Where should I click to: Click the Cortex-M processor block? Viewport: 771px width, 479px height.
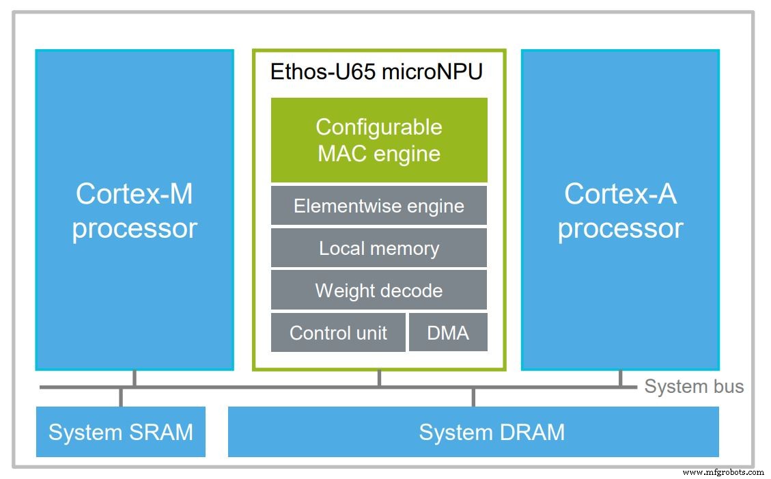click(x=135, y=210)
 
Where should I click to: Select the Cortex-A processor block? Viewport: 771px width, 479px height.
click(x=620, y=210)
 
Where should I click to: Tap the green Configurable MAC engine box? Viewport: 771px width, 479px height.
click(x=379, y=139)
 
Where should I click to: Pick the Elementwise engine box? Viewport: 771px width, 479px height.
click(x=379, y=206)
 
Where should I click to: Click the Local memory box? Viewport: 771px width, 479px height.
click(x=379, y=248)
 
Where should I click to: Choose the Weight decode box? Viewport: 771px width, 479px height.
click(x=379, y=290)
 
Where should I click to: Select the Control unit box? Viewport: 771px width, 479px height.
click(x=338, y=333)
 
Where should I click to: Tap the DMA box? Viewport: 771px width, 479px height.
click(x=448, y=333)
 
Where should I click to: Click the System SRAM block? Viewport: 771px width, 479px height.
click(x=121, y=432)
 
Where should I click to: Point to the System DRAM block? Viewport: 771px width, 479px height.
click(x=473, y=432)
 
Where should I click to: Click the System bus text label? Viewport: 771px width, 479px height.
click(x=694, y=386)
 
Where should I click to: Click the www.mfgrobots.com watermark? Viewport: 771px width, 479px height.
click(x=723, y=471)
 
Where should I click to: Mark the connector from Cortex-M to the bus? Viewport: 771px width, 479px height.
click(x=135, y=379)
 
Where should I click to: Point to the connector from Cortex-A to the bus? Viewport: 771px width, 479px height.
click(x=620, y=379)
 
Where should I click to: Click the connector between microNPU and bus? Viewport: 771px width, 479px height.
click(x=379, y=379)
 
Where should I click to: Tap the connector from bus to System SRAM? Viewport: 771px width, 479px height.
click(x=121, y=398)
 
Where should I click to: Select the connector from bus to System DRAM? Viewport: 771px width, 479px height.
click(x=473, y=398)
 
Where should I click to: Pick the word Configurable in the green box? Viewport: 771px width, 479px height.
click(x=379, y=127)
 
